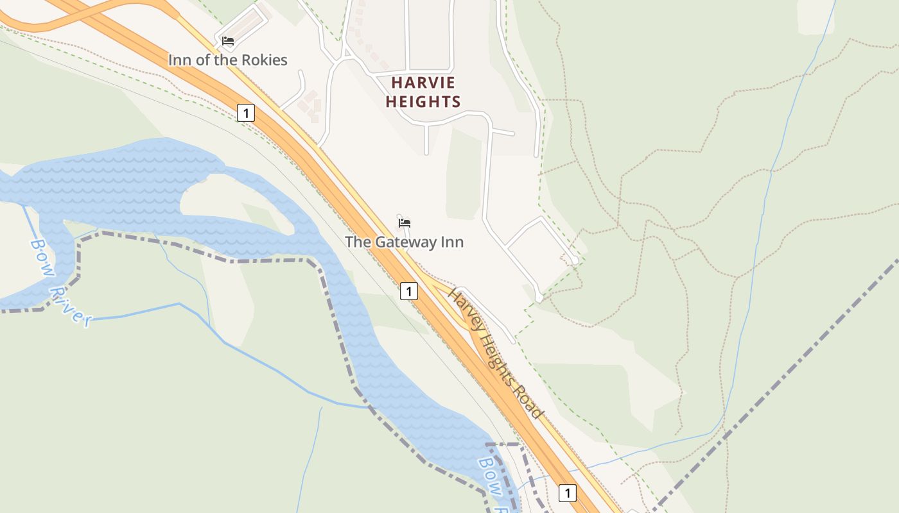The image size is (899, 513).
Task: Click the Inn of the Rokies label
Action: [227, 60]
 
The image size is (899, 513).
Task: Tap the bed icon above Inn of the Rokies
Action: [227, 41]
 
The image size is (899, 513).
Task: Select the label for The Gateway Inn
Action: [404, 242]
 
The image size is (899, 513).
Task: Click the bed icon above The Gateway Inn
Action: [404, 223]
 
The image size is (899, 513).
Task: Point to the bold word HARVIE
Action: [423, 83]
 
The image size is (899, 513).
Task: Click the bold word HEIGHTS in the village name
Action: [423, 101]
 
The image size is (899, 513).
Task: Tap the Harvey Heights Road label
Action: [496, 354]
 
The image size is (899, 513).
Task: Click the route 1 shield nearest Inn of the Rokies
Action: [245, 113]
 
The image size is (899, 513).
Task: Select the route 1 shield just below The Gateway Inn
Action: [408, 291]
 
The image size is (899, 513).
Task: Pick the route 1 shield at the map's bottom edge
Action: [567, 492]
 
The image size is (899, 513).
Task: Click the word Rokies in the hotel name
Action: [263, 60]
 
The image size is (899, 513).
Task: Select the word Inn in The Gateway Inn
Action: [451, 242]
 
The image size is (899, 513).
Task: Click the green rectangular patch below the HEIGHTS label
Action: [464, 173]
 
